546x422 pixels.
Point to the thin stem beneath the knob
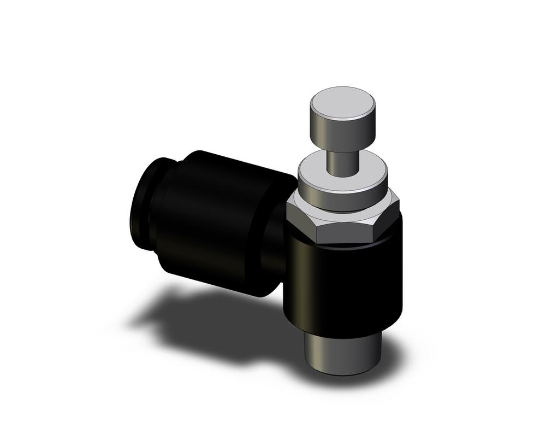point(342,159)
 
